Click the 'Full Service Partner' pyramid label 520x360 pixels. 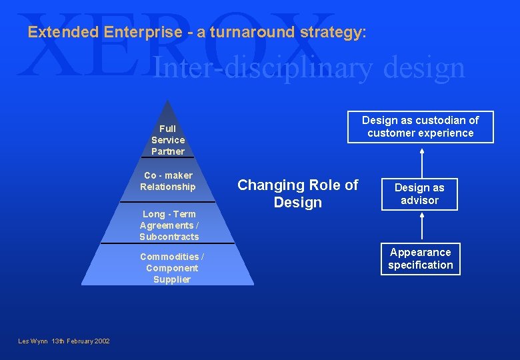click(x=168, y=140)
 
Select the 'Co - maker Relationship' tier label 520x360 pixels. click(x=168, y=181)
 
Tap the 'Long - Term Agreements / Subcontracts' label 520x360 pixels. click(x=169, y=225)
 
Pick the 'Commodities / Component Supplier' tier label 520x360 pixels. click(x=172, y=268)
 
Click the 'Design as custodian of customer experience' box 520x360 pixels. click(x=420, y=127)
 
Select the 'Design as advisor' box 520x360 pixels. click(x=419, y=194)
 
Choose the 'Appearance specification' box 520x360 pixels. click(x=421, y=259)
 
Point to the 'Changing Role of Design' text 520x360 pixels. click(x=298, y=193)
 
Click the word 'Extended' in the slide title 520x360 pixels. click(x=63, y=32)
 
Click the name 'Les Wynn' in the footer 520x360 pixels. click(x=33, y=341)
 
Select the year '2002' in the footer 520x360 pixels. click(x=101, y=341)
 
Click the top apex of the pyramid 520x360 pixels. click(x=168, y=102)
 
